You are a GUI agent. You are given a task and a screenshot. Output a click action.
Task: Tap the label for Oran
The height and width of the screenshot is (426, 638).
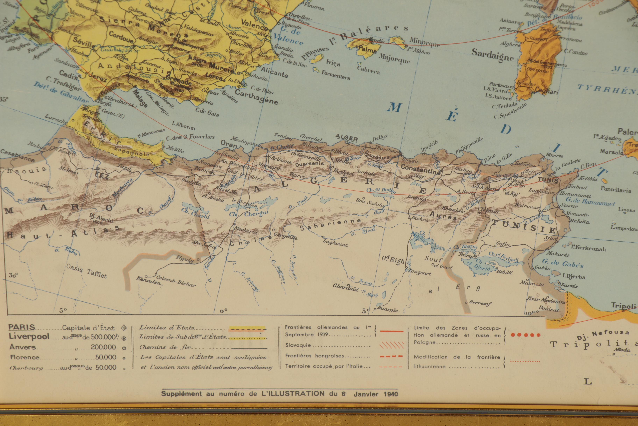click(x=229, y=144)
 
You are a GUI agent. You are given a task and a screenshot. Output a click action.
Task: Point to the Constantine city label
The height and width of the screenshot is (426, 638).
click(x=420, y=169)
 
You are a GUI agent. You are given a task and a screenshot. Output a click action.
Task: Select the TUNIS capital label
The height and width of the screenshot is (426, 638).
click(x=548, y=180)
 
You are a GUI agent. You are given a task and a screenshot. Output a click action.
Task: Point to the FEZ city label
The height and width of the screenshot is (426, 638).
click(x=102, y=175)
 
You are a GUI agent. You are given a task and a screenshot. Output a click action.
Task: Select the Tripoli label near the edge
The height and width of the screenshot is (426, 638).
click(x=623, y=306)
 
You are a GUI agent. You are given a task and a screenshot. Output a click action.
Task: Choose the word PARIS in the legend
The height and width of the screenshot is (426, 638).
click(x=22, y=327)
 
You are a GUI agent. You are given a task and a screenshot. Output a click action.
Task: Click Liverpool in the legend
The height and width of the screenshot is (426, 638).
click(x=29, y=336)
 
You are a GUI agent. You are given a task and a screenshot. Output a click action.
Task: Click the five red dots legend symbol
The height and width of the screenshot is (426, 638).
click(x=525, y=335)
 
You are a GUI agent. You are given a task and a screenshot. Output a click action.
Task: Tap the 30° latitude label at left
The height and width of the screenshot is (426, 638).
click(x=13, y=275)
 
